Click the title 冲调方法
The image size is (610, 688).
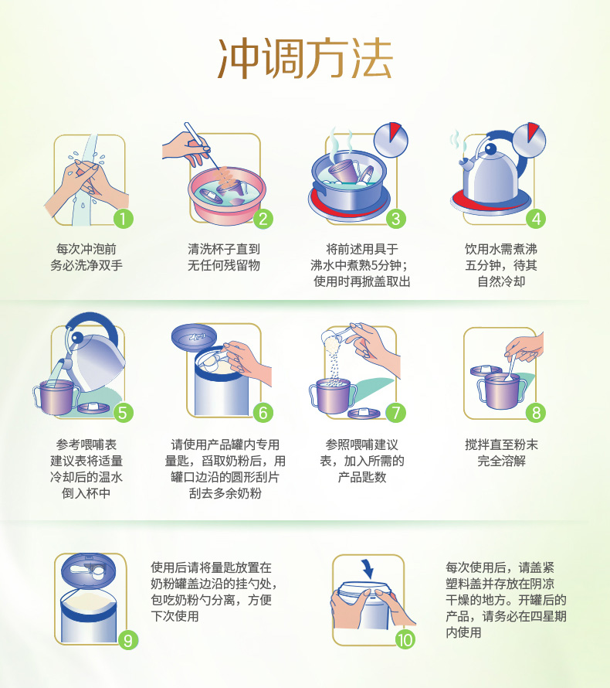(x=305, y=59)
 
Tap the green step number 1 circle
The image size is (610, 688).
(x=123, y=219)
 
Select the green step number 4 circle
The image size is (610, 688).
(x=536, y=219)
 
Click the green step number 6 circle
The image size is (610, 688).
(x=263, y=413)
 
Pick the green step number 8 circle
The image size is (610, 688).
(x=536, y=413)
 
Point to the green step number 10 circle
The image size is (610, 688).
(x=405, y=640)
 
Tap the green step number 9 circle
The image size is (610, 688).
(x=128, y=640)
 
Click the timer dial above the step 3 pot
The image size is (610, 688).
(x=391, y=141)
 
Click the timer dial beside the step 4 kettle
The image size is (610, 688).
(x=530, y=141)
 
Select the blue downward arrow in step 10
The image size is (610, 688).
(x=368, y=569)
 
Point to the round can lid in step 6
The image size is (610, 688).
(x=194, y=337)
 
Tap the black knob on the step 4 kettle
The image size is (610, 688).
(x=490, y=150)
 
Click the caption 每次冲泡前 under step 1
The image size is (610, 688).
(x=86, y=249)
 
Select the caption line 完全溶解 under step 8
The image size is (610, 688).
(x=501, y=461)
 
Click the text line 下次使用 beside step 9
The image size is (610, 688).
(x=175, y=616)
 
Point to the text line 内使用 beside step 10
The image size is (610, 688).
(x=463, y=632)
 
